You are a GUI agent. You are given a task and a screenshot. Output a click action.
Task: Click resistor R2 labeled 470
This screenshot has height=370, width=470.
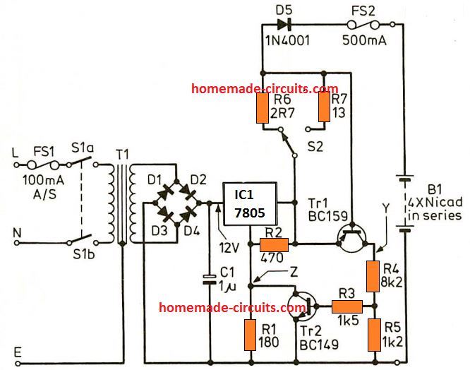(x=272, y=244)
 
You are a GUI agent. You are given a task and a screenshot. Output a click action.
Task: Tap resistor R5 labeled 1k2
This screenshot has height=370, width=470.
(x=373, y=334)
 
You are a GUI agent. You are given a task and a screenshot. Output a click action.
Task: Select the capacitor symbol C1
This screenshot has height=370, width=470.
(x=210, y=277)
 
